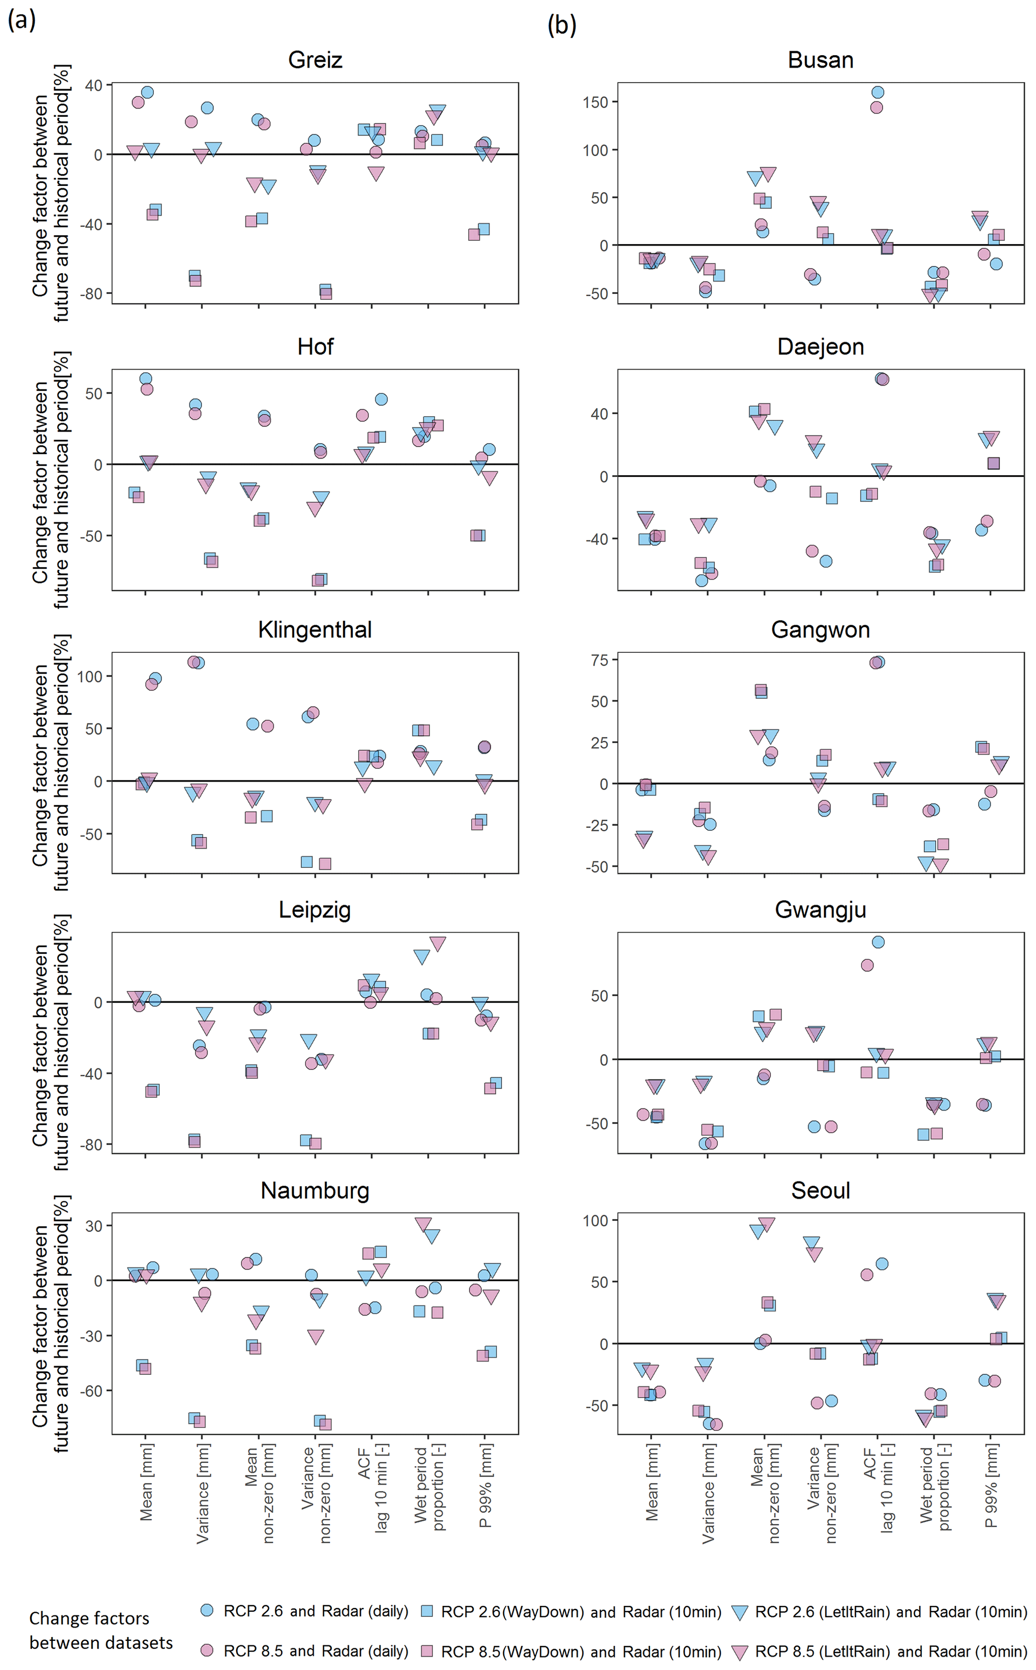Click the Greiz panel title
tap(315, 60)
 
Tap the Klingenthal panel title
tap(315, 629)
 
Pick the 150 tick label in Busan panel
tap(595, 102)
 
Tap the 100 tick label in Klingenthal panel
tap(90, 676)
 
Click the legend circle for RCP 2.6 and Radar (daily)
tap(207, 1610)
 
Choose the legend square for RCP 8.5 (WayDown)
tap(427, 1651)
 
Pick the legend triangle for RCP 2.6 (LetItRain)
tap(739, 1612)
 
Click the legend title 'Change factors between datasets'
tap(101, 1630)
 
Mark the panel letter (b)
tap(562, 26)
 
